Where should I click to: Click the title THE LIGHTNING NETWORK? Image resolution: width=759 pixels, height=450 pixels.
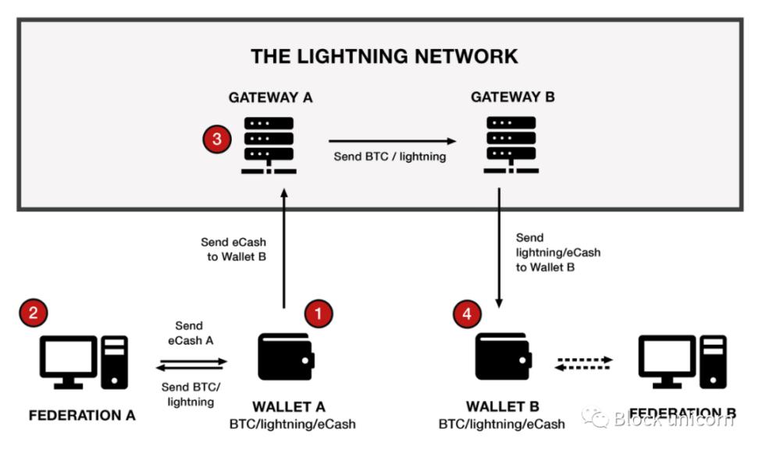(x=384, y=56)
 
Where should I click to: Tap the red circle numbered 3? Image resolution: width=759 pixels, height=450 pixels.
(x=216, y=140)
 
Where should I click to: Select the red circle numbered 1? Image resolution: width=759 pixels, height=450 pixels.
(x=319, y=314)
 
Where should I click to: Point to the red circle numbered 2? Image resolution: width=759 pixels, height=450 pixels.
(x=34, y=314)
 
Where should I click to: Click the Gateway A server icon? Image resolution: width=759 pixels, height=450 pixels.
(x=268, y=144)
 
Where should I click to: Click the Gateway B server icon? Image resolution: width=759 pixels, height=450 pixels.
(x=511, y=144)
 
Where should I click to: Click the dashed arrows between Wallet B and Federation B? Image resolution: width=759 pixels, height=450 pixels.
(x=583, y=363)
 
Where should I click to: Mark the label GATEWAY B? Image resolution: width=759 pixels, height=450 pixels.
(x=510, y=98)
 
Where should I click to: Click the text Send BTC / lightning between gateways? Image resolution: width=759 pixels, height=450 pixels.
(x=390, y=156)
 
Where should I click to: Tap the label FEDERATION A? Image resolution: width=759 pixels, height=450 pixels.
(x=82, y=415)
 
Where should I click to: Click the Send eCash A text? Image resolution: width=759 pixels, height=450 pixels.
(x=190, y=332)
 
